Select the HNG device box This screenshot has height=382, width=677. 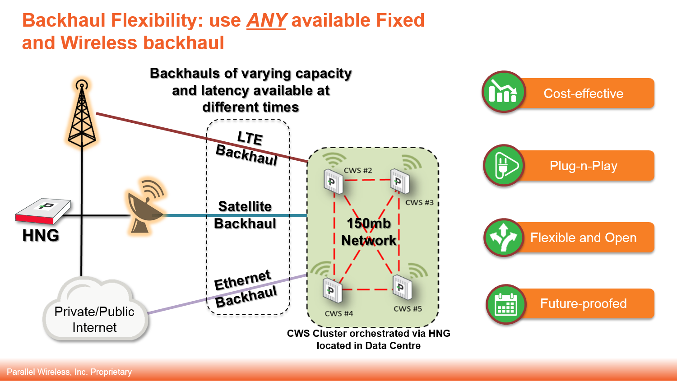pos(43,211)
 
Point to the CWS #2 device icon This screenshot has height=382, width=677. pos(333,182)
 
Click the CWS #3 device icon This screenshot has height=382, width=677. pos(399,182)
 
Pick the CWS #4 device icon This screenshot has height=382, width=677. pos(333,290)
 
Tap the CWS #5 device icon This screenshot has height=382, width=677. pos(401,286)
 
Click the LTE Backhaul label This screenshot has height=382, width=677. pos(247,147)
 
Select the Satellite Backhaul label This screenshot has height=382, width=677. pos(245,215)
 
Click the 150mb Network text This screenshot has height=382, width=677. pos(369,232)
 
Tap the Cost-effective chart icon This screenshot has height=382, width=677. pos(503,92)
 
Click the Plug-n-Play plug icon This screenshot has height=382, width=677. pos(504,165)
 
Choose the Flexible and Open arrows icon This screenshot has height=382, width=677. pos(504,238)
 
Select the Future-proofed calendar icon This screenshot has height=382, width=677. pos(506,304)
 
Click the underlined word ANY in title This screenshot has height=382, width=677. pos(266,20)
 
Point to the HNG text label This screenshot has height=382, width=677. pos(41,235)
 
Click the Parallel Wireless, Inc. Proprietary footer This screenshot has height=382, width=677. pos(69,372)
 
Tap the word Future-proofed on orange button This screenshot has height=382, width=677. pos(583,303)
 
